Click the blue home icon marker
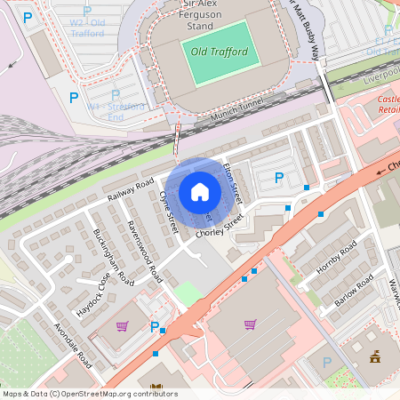[x=200, y=191]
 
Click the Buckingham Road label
[x=113, y=258]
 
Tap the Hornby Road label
[x=336, y=257]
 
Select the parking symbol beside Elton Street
[x=279, y=179]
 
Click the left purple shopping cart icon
[x=122, y=326]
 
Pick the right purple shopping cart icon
[x=250, y=324]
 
